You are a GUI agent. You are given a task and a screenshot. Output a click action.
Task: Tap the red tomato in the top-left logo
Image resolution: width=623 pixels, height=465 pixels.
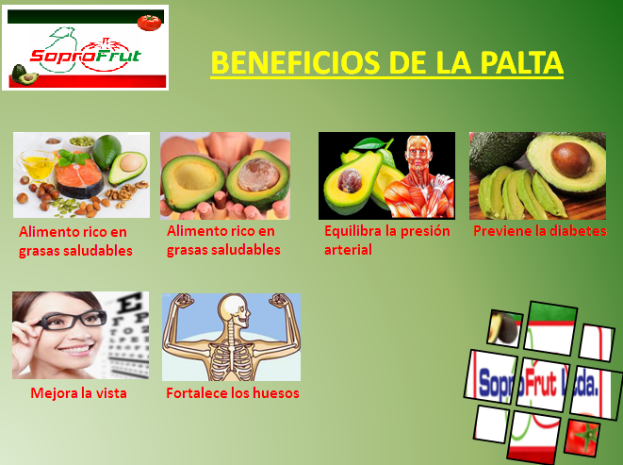150,23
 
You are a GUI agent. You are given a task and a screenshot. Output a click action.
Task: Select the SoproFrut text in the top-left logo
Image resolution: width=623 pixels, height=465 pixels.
86,56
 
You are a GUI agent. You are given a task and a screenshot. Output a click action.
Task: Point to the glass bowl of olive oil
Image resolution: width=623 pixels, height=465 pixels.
38,165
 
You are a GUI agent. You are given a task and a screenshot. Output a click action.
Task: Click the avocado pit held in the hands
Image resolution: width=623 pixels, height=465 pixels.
258,174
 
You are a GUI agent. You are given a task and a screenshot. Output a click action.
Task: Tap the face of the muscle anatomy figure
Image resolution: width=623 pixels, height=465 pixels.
418,151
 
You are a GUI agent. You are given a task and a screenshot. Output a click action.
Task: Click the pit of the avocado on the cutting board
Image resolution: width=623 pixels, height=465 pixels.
571,159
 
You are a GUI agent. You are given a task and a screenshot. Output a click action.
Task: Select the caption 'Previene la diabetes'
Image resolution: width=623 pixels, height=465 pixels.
540,231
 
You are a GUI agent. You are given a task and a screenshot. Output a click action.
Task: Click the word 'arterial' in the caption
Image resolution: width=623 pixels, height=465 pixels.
348,250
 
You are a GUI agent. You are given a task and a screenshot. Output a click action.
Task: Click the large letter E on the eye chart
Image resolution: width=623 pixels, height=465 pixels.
130,303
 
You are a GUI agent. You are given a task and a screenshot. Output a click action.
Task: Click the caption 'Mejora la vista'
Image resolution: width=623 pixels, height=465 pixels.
78,393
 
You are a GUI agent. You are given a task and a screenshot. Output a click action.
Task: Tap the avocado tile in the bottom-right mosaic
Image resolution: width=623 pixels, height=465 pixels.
504,328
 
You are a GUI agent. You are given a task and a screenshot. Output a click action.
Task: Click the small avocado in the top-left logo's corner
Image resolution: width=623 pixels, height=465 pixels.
25,75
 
